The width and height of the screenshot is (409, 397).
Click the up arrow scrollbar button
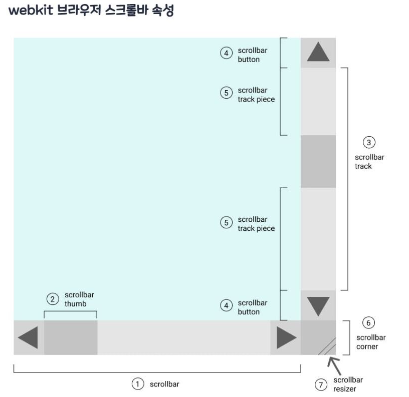point(318,52)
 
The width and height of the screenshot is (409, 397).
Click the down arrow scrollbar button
point(318,305)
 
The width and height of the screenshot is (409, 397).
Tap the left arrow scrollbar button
point(28,338)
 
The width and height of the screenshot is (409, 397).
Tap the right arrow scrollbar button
point(286,338)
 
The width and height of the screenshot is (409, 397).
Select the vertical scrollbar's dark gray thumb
point(318,161)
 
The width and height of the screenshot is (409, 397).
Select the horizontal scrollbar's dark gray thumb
point(71,338)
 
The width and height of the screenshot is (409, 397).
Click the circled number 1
point(137,384)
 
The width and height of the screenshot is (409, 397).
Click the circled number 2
point(52,299)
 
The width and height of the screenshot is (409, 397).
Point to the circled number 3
point(369,143)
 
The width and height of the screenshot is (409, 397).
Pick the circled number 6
point(369,322)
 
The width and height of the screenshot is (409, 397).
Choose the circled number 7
point(321,384)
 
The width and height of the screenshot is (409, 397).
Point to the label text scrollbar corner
point(371,342)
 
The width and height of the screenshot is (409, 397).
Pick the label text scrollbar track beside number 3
point(369,161)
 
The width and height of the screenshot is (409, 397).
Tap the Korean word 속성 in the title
point(162,12)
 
